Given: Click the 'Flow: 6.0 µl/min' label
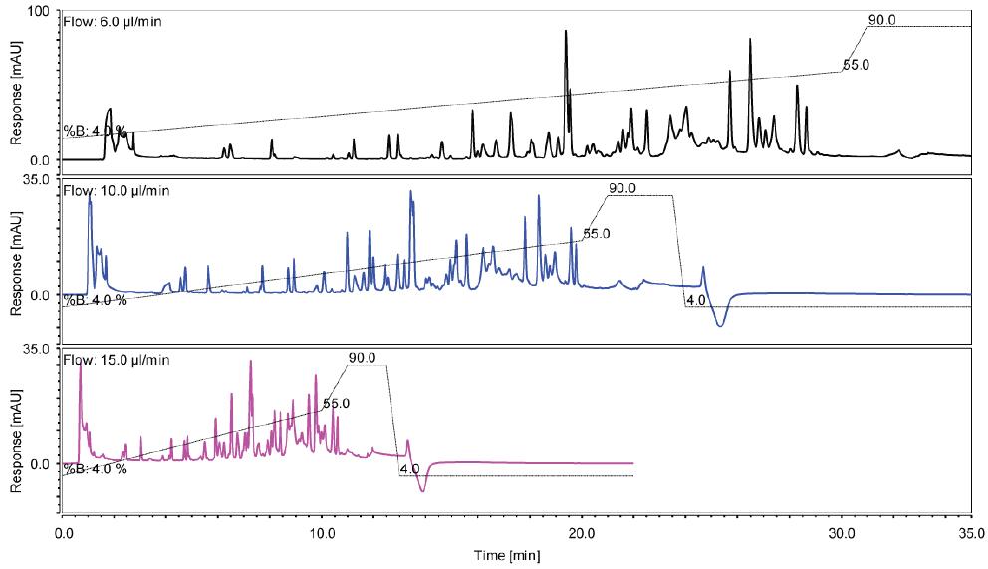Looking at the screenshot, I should tap(109, 21).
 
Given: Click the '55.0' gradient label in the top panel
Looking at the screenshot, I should tap(857, 65).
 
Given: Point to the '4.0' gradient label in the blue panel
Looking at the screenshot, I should tap(696, 300).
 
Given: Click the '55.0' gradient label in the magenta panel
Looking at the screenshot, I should tap(337, 404).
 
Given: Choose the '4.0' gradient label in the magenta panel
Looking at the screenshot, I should tap(408, 469).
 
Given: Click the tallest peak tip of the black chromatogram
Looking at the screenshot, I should tap(566, 31).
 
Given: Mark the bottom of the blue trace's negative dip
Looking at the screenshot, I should tap(719, 326).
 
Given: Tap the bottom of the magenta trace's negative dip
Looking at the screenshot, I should tap(423, 491).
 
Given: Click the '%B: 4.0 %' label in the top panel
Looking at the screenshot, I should tap(96, 130).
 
